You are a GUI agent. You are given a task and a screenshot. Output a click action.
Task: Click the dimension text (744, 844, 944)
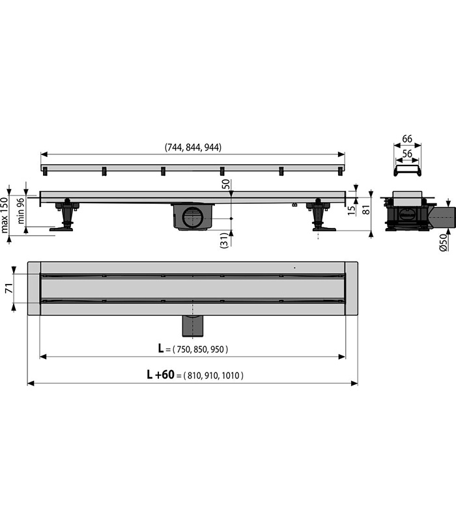tap(193, 147)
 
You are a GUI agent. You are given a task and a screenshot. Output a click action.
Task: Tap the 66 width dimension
tap(407, 139)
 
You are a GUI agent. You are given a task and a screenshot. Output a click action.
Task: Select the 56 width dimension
tap(407, 154)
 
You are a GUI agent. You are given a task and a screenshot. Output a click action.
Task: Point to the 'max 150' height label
tap(5, 215)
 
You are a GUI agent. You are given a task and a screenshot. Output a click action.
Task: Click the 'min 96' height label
tap(21, 210)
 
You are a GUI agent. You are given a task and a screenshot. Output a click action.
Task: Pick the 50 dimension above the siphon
tap(225, 184)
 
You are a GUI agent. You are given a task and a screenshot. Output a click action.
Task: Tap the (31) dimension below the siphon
tap(225, 240)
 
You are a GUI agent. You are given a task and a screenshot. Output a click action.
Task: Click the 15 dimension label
tap(352, 210)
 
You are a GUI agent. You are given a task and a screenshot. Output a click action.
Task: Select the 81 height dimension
tap(365, 210)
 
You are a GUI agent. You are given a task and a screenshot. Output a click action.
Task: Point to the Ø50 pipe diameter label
tap(444, 242)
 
